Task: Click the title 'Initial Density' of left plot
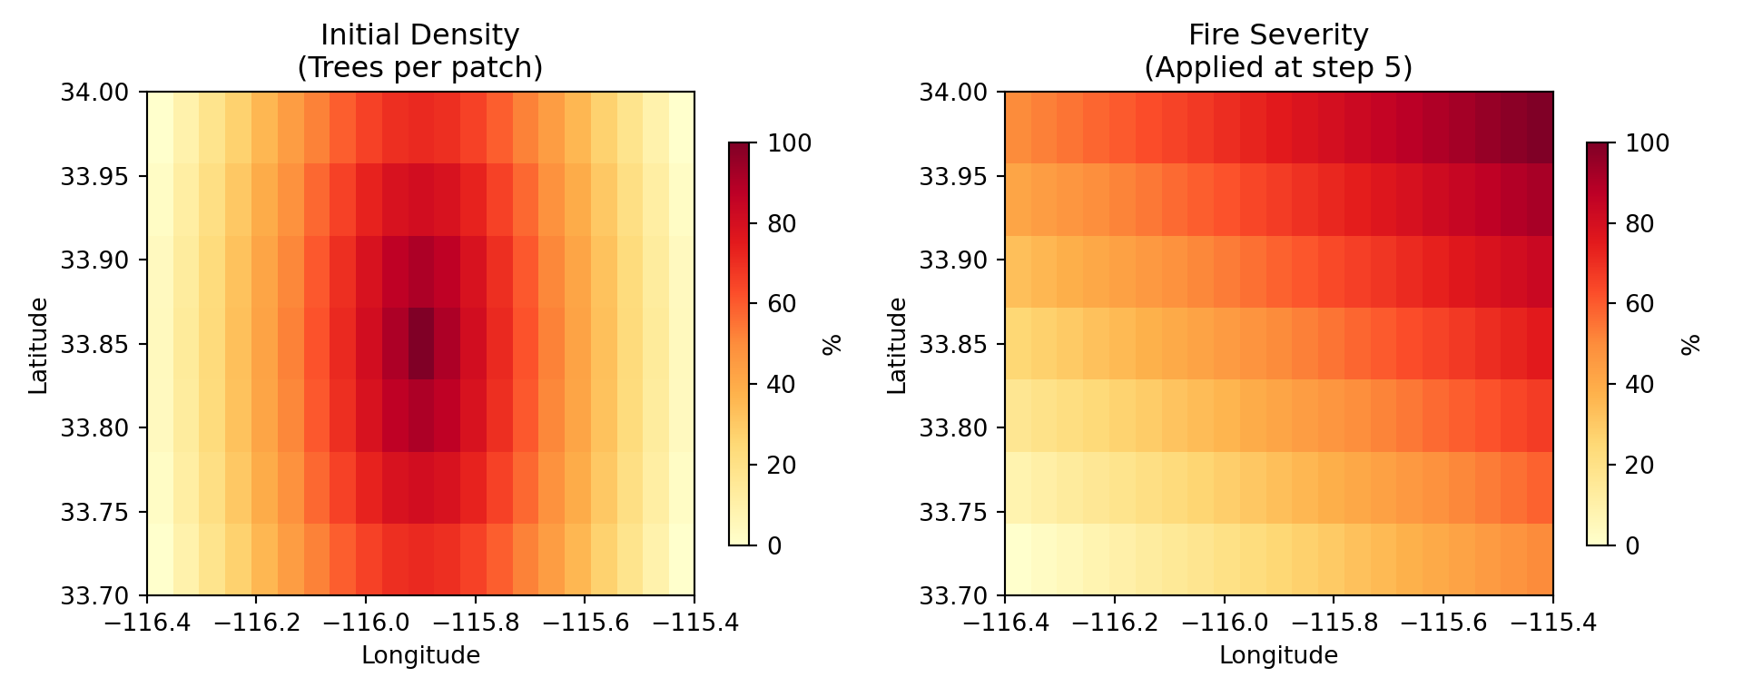click(x=420, y=35)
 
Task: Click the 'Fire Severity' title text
click(x=1278, y=35)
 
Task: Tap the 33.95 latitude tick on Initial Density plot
click(x=94, y=176)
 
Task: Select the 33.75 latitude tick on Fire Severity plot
click(x=951, y=512)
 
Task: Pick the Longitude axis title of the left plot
click(x=420, y=655)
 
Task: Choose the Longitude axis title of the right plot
click(x=1278, y=655)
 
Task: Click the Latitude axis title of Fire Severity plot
click(x=897, y=345)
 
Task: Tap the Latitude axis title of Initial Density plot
click(x=38, y=345)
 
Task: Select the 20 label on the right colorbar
click(x=1640, y=466)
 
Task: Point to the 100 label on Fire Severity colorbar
click(x=1647, y=143)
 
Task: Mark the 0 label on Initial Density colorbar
click(x=774, y=546)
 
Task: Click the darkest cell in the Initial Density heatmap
click(x=420, y=343)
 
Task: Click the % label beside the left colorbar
click(x=832, y=345)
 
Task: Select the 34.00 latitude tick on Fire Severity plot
click(x=951, y=92)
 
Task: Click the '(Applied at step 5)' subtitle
click(x=1278, y=68)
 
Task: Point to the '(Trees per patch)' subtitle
click(x=420, y=68)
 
